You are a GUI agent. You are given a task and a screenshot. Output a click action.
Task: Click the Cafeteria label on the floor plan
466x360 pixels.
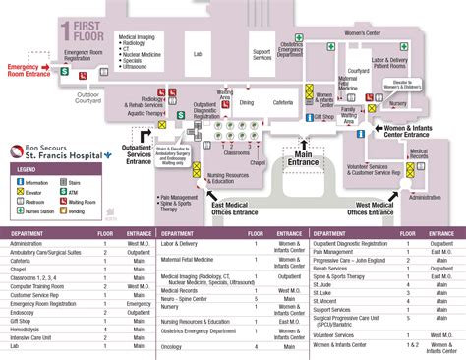tap(282, 102)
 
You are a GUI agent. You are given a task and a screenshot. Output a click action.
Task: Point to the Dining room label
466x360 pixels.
tap(246, 102)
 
